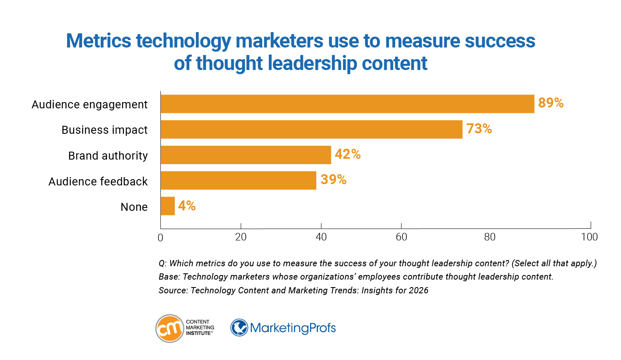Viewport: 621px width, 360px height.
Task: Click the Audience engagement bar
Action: click(347, 104)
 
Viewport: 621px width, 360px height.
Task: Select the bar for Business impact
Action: click(311, 130)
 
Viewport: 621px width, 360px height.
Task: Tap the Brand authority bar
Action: click(245, 155)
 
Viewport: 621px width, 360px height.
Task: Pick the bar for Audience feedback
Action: click(238, 180)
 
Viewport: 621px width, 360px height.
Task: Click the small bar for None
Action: click(168, 206)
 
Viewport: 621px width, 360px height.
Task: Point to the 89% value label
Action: click(551, 103)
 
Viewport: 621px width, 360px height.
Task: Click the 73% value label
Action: click(479, 129)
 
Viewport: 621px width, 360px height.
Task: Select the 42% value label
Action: click(348, 154)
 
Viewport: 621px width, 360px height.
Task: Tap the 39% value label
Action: click(333, 180)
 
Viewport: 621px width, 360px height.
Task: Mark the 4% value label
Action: click(187, 205)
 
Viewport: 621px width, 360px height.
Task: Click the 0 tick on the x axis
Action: click(160, 237)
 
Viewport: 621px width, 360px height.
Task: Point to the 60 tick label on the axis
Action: click(401, 237)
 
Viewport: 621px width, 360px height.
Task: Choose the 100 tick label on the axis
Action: click(589, 237)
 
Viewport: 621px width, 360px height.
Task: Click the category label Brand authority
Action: click(108, 156)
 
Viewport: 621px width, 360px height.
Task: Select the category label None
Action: click(134, 207)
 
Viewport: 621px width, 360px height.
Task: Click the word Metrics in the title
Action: click(98, 41)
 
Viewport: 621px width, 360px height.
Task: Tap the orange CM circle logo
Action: click(170, 328)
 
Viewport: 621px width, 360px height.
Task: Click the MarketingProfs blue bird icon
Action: click(239, 328)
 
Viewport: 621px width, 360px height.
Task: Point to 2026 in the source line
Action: click(418, 290)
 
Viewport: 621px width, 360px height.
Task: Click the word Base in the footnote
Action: click(168, 277)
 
